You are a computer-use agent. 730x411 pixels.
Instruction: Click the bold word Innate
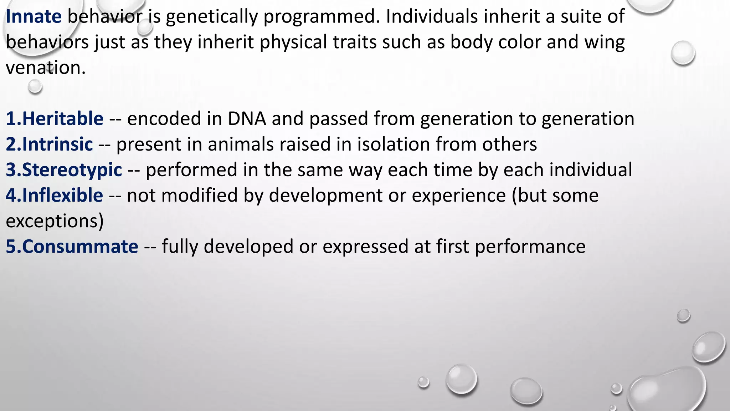34,17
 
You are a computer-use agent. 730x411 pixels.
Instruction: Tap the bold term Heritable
63,119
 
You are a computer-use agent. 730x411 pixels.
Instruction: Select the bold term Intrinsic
57,144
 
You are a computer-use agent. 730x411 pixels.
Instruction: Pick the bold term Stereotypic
72,170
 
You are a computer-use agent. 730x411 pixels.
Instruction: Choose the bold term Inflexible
62,196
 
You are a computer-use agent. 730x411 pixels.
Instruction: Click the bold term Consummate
80,247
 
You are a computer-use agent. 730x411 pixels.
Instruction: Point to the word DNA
247,119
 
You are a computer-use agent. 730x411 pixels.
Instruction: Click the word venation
46,68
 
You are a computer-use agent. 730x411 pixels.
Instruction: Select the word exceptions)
55,221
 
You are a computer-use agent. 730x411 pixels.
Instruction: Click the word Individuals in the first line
432,17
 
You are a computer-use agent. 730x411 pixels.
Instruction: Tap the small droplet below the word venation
35,86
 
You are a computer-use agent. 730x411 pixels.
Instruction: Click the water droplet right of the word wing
683,53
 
